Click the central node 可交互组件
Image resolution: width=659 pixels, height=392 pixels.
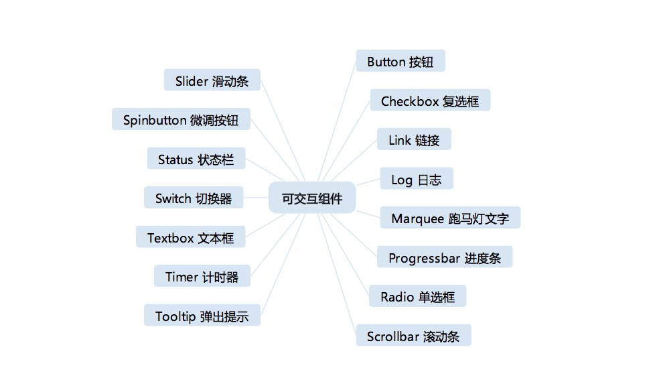pyautogui.click(x=312, y=198)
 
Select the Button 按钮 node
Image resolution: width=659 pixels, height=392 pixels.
pyautogui.click(x=400, y=62)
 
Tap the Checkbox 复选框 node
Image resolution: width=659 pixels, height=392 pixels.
pyautogui.click(x=430, y=101)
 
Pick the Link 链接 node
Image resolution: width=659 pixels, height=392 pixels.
pyautogui.click(x=414, y=139)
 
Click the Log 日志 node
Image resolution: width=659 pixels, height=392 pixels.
pyautogui.click(x=417, y=179)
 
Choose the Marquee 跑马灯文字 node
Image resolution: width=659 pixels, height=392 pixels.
pyautogui.click(x=450, y=218)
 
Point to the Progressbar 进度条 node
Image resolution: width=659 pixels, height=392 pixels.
pyautogui.click(x=445, y=257)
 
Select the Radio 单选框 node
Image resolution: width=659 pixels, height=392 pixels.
pyautogui.click(x=417, y=296)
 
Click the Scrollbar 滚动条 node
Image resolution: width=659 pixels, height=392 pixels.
pyautogui.click(x=413, y=336)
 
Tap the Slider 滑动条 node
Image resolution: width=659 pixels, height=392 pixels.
pyautogui.click(x=212, y=80)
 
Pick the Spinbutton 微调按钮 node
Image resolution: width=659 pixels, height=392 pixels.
pyautogui.click(x=181, y=120)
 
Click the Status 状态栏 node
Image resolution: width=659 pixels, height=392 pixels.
pyautogui.click(x=196, y=159)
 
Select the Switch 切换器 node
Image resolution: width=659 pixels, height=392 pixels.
pyautogui.click(x=194, y=198)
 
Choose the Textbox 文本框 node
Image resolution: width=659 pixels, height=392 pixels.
pyautogui.click(x=190, y=237)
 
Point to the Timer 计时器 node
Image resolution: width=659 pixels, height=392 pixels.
pyautogui.click(x=202, y=276)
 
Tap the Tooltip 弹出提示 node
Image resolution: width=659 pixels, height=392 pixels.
pyautogui.click(x=202, y=316)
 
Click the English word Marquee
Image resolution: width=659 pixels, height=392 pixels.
pyautogui.click(x=418, y=218)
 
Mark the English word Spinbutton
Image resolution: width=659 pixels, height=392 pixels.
pyautogui.click(x=155, y=120)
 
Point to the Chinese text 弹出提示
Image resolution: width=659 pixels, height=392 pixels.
pyautogui.click(x=224, y=316)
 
